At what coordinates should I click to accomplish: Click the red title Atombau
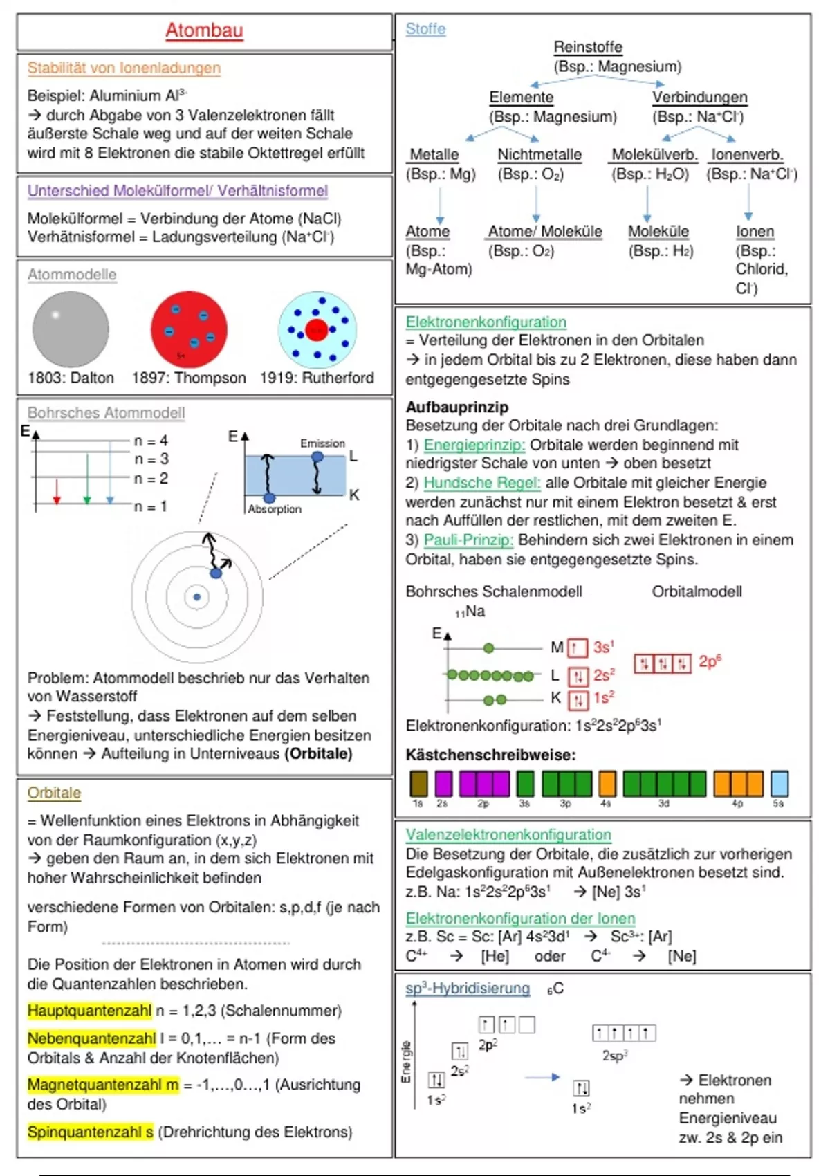204,30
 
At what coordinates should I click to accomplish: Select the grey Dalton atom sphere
71,329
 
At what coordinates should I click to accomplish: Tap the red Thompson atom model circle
189,329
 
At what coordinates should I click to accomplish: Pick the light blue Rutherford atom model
317,329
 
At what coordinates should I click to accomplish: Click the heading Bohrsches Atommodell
106,413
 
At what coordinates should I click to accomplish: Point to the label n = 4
151,441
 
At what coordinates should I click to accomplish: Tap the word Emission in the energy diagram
322,443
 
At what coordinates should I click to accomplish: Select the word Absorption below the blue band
275,509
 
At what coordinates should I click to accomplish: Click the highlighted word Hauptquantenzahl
89,1011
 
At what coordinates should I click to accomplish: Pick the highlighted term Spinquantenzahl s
90,1132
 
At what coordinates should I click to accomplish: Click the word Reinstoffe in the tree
588,47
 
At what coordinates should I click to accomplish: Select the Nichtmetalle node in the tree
539,155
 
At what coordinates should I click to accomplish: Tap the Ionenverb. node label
747,155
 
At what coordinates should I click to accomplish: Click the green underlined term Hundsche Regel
481,483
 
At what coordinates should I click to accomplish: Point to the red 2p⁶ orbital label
710,662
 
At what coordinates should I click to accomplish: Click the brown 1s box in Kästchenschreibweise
418,784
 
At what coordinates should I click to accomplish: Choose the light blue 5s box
779,784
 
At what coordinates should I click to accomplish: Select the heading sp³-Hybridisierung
468,989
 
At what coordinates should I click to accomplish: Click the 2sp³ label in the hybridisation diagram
615,1056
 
